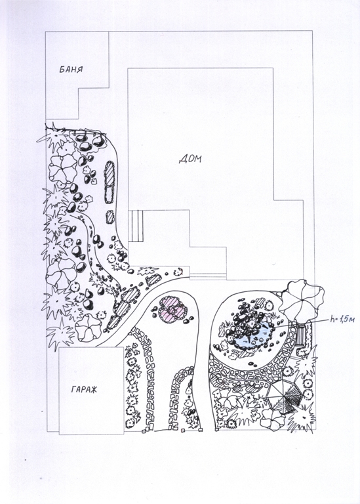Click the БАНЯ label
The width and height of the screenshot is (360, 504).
pos(71,70)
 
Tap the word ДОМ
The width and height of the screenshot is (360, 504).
pos(190,159)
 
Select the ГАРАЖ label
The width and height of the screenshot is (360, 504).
pos(84,390)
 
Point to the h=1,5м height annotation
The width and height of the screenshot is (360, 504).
pos(342,320)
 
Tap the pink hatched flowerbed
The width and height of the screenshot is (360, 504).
pos(173,308)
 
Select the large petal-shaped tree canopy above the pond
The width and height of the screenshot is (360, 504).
pos(301,297)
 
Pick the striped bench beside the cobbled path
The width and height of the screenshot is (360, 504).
pos(301,335)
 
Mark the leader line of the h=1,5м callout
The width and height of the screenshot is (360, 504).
pos(301,323)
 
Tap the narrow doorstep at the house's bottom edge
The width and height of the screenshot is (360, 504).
pos(208,276)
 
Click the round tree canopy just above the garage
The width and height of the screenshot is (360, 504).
pos(89,327)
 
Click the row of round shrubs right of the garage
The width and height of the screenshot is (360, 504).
pos(132,386)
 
